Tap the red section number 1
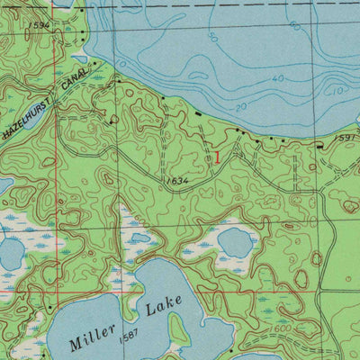coord(216,157)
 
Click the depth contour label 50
coord(212,39)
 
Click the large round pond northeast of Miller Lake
coord(237,241)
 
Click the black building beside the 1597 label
coord(319,142)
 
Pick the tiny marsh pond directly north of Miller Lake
coord(139,238)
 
